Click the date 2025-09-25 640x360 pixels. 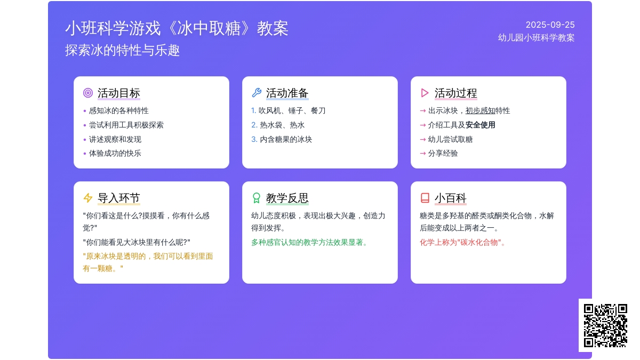tap(550, 25)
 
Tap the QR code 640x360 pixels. tap(605, 325)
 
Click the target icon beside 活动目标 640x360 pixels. tap(88, 93)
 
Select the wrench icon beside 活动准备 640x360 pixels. tap(257, 93)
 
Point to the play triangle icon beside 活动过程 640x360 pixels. tap(425, 93)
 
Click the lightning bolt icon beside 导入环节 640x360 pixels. tap(88, 198)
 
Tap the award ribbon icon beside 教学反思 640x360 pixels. tap(257, 198)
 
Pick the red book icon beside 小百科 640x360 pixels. tap(425, 198)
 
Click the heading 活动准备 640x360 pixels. tap(287, 93)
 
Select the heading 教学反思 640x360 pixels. tap(287, 198)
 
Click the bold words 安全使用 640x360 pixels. tap(481, 125)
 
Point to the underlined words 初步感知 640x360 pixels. tap(481, 110)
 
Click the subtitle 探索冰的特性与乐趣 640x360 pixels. tap(122, 50)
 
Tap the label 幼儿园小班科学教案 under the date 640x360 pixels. tap(537, 38)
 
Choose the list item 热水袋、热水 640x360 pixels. tap(282, 125)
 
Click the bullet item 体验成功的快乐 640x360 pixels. tap(115, 154)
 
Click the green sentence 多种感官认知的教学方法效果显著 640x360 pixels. tap(309, 243)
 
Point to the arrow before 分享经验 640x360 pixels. tap(423, 154)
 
